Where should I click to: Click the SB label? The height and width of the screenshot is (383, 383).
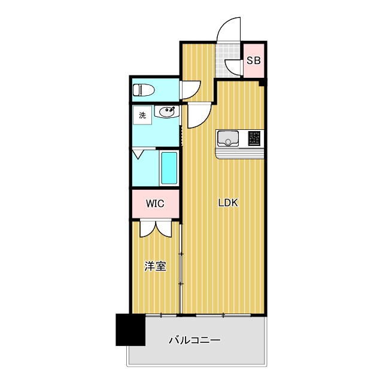pyautogui.click(x=254, y=60)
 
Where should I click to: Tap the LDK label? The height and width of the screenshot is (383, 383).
pyautogui.click(x=227, y=203)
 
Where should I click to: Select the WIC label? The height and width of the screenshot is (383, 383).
pyautogui.click(x=155, y=203)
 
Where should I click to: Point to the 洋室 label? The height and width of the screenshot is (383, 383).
pyautogui.click(x=155, y=266)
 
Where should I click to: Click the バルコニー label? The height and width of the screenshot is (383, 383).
pyautogui.click(x=194, y=341)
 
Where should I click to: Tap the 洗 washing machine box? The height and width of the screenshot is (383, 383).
pyautogui.click(x=142, y=115)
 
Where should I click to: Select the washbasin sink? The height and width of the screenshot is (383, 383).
pyautogui.click(x=167, y=112)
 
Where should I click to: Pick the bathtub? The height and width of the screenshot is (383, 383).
pyautogui.click(x=169, y=168)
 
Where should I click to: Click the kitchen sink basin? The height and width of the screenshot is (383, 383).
pyautogui.click(x=228, y=139)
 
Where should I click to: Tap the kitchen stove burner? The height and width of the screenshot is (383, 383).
pyautogui.click(x=254, y=139)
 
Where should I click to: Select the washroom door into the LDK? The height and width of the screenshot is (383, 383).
pyautogui.click(x=197, y=115)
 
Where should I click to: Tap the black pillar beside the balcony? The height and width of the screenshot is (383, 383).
pyautogui.click(x=130, y=330)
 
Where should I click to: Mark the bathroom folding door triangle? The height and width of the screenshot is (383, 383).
pyautogui.click(x=139, y=154)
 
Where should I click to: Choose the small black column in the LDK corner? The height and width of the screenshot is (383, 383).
pyautogui.click(x=262, y=84)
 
